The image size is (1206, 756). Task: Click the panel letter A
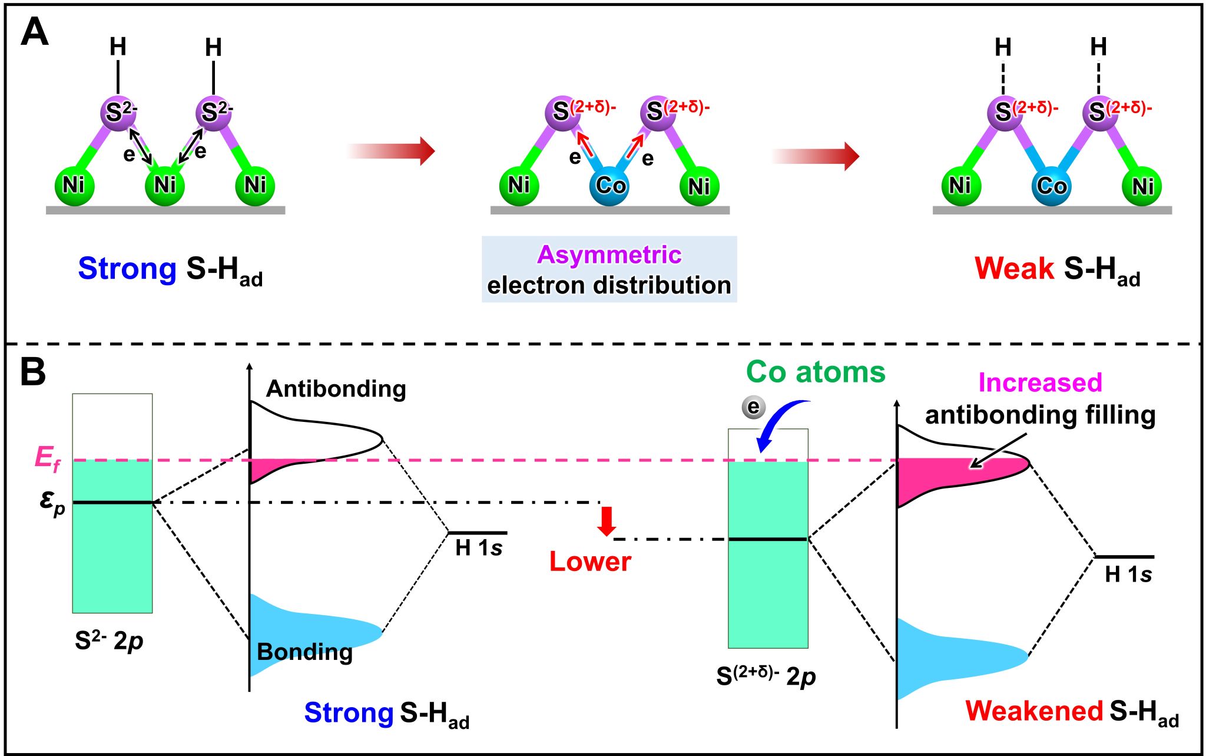click(x=34, y=32)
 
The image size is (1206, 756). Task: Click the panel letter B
click(x=33, y=372)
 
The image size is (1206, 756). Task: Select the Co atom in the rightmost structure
click(x=1052, y=186)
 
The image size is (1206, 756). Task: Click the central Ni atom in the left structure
click(x=165, y=185)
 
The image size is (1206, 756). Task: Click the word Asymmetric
click(x=609, y=255)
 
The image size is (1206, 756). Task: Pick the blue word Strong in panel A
click(x=127, y=269)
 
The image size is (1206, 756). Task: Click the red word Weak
click(x=1014, y=269)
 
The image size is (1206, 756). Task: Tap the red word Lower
click(x=590, y=562)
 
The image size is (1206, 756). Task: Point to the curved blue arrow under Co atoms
click(x=777, y=424)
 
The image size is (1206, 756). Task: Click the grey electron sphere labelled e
click(x=753, y=407)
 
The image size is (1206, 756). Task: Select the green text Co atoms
click(x=816, y=372)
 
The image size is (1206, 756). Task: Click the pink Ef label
click(x=47, y=458)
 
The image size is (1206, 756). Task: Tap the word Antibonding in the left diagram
click(x=336, y=389)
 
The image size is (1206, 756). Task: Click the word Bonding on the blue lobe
click(x=304, y=652)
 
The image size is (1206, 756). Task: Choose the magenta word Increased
click(x=1040, y=383)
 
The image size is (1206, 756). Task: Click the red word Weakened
click(x=1034, y=711)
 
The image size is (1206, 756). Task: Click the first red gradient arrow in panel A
click(x=391, y=151)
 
